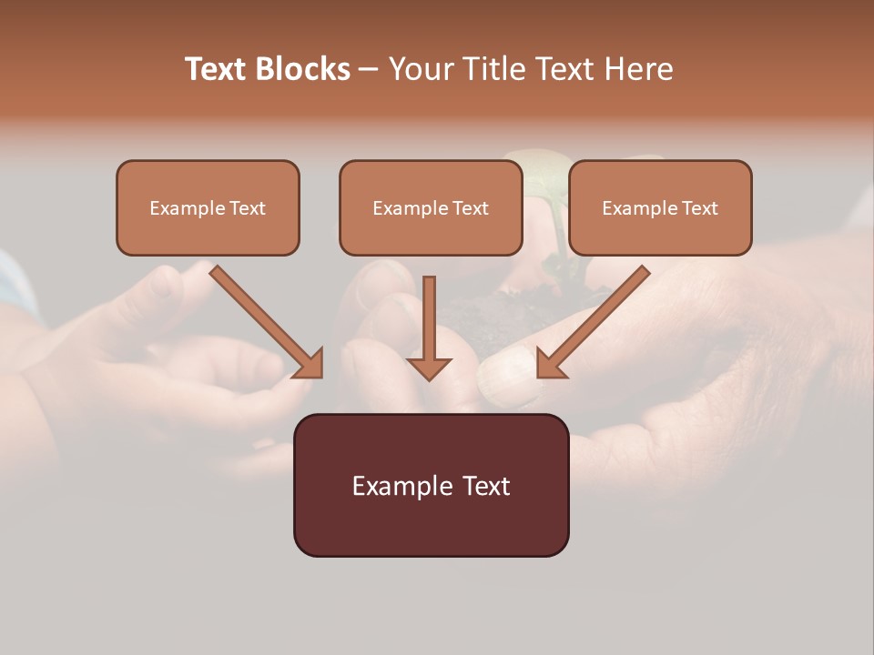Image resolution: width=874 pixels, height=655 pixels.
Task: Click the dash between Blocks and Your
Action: pyautogui.click(x=369, y=70)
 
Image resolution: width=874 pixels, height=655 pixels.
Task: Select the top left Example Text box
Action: pyautogui.click(x=208, y=207)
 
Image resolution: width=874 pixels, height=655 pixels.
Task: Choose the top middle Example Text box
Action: pyautogui.click(x=431, y=207)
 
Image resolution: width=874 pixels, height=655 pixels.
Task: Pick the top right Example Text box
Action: pyautogui.click(x=660, y=207)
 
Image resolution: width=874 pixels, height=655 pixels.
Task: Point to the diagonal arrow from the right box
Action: pyautogui.click(x=596, y=318)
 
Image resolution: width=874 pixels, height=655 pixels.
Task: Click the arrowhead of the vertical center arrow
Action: pyautogui.click(x=429, y=368)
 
